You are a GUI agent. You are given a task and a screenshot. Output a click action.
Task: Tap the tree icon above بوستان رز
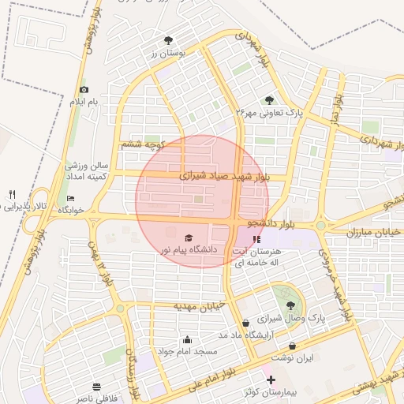167,40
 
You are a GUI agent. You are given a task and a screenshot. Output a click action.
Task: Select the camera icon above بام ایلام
84,90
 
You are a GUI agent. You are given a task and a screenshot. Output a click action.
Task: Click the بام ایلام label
84,103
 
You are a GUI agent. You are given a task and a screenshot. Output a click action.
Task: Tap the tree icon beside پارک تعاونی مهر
270,100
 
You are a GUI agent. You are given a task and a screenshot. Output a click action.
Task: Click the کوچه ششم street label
142,145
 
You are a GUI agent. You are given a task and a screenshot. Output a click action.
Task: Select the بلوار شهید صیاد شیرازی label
224,176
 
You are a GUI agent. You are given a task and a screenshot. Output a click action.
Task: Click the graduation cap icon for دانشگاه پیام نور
188,238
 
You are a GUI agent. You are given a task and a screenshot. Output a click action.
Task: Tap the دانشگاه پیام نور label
188,250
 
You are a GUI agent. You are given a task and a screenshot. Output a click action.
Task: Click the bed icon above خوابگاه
70,198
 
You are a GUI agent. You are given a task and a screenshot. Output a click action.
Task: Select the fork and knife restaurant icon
12,194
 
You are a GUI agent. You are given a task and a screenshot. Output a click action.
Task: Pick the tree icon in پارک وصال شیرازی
291,305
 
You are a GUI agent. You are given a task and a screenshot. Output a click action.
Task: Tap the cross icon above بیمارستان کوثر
271,380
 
